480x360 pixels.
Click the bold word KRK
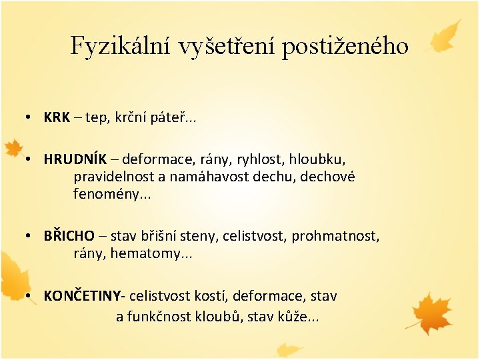click(57, 118)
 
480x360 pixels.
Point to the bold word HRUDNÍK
click(72, 160)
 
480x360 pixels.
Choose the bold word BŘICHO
click(69, 236)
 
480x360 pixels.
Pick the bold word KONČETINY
click(85, 295)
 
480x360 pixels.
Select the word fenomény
click(104, 195)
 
